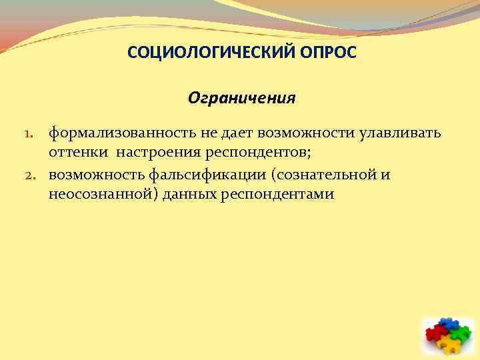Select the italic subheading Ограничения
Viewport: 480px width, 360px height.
tap(241, 99)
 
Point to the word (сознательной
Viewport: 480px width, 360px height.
tap(321, 175)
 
